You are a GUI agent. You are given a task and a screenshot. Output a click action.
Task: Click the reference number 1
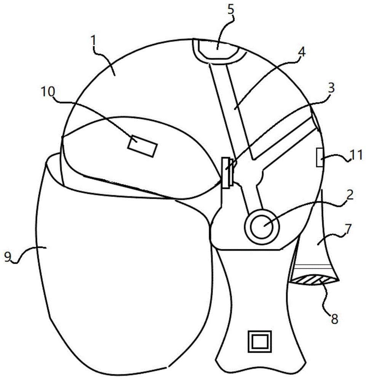(x=93, y=41)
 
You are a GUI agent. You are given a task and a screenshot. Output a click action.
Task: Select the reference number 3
(x=331, y=88)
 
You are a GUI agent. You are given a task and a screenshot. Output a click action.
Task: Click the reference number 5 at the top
(x=230, y=9)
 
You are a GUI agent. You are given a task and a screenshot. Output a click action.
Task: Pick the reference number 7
(x=348, y=229)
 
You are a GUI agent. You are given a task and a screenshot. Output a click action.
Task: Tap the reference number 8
(x=335, y=319)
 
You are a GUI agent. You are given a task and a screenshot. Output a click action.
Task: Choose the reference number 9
(x=8, y=256)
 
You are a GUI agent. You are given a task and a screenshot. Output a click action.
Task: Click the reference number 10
(x=48, y=92)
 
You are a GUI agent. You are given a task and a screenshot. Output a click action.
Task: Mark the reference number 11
(x=356, y=155)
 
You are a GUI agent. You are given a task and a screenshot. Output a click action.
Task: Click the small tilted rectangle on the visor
(x=142, y=146)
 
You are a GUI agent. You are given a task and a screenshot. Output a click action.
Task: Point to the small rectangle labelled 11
(x=320, y=157)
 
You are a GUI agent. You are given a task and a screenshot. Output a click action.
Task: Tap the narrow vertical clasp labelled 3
(x=227, y=172)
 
